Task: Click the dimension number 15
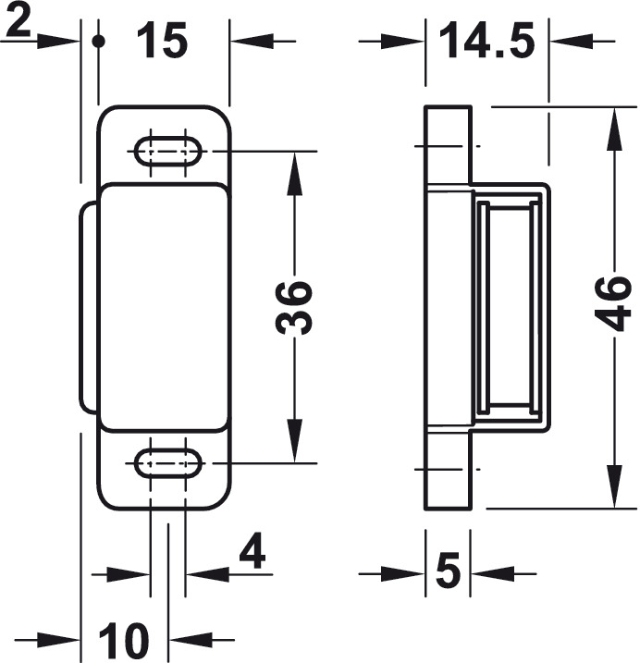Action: coord(162,42)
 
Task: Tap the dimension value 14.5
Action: coord(486,42)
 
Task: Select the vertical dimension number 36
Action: coord(293,307)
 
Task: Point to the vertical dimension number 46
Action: coord(612,303)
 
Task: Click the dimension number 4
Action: coord(252,551)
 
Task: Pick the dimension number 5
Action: coord(448,571)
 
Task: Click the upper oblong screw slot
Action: coord(168,151)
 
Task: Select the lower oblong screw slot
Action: coord(168,464)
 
